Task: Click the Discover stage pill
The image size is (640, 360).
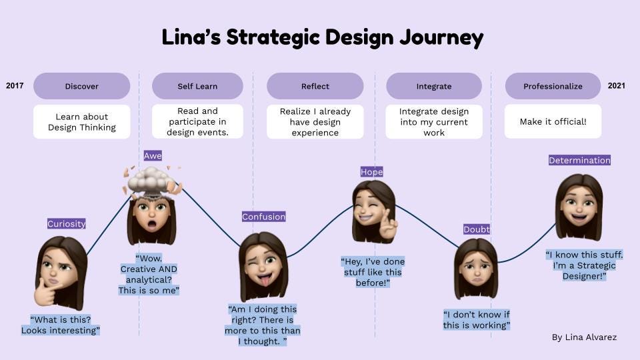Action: pyautogui.click(x=81, y=86)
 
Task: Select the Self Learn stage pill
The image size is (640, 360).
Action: pyautogui.click(x=197, y=86)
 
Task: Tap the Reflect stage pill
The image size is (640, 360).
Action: pyautogui.click(x=315, y=86)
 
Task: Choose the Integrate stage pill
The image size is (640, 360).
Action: pyautogui.click(x=434, y=86)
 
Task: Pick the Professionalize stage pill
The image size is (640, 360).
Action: pyautogui.click(x=553, y=86)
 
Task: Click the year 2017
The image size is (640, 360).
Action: pyautogui.click(x=15, y=86)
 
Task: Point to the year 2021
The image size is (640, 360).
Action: pyautogui.click(x=617, y=86)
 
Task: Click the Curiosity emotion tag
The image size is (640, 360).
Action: pyautogui.click(x=67, y=224)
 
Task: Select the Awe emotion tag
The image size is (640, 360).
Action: pyautogui.click(x=153, y=156)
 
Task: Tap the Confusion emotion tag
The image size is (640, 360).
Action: pyautogui.click(x=263, y=217)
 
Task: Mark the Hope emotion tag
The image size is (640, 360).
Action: pyautogui.click(x=371, y=172)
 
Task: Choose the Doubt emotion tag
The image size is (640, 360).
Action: pyautogui.click(x=477, y=229)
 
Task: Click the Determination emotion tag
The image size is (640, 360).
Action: pyautogui.click(x=579, y=160)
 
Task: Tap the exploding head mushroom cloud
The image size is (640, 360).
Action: pyautogui.click(x=152, y=179)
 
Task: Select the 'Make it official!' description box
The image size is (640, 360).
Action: pyautogui.click(x=553, y=122)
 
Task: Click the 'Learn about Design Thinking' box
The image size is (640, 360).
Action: pyautogui.click(x=81, y=122)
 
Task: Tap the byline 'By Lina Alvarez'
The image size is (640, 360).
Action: pyautogui.click(x=584, y=337)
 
